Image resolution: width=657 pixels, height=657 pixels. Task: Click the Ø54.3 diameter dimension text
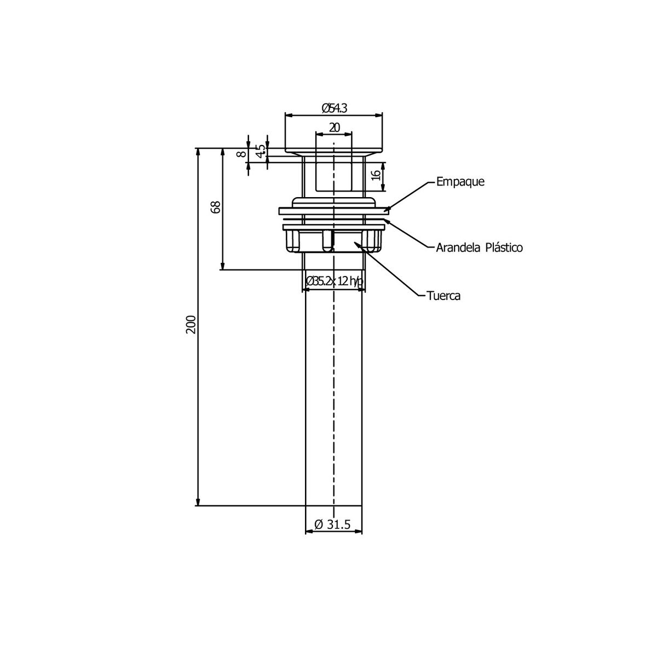[334, 108]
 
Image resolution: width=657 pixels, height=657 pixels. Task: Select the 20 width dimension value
[334, 127]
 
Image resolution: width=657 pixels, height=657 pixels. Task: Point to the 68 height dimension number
[216, 207]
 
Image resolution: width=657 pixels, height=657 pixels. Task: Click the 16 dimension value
[375, 176]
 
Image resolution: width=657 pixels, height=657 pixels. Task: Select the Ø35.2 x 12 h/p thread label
[334, 281]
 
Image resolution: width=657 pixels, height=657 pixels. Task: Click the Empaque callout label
[460, 182]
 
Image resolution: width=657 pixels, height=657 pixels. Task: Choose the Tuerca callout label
[443, 296]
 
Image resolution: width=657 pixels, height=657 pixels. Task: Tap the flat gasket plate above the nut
[333, 211]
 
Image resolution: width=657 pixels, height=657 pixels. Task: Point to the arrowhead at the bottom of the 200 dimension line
[198, 502]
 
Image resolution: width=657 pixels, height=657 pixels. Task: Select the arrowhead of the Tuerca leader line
[358, 244]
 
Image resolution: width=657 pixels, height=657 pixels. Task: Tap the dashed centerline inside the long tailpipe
[333, 394]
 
